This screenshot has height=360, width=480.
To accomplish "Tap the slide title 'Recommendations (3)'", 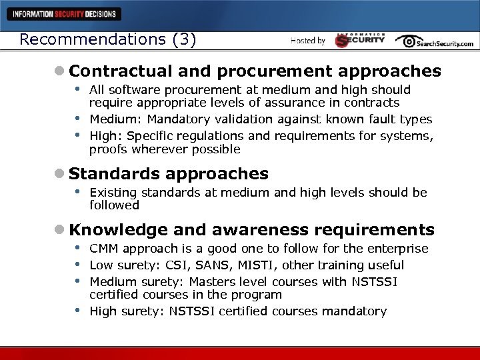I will click(x=107, y=39).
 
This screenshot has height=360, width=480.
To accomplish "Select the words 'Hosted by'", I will click(x=308, y=41).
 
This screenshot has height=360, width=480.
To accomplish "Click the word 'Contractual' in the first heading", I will click(x=121, y=71).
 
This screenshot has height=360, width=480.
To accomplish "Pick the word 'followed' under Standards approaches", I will click(x=114, y=205).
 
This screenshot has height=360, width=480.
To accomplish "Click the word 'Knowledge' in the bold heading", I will click(x=118, y=230).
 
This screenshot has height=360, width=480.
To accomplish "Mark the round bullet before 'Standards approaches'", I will click(x=60, y=175).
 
